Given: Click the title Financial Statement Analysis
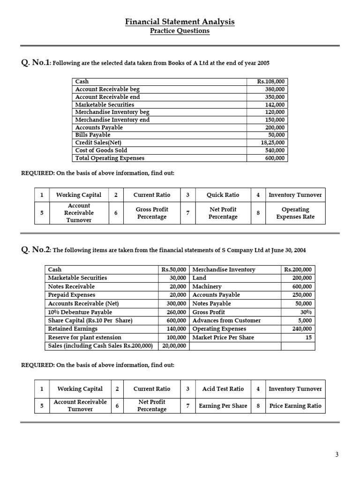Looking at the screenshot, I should tap(180, 22).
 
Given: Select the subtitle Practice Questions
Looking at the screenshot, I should tap(180, 31).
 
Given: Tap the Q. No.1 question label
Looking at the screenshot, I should tap(36, 62).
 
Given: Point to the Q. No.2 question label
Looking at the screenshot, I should tap(36, 250).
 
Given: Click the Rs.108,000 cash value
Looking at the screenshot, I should tap(271, 82).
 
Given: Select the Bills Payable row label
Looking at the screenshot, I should tap(93, 135).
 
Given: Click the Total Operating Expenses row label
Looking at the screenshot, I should tap(110, 158).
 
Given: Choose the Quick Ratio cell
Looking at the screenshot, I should tap(223, 195).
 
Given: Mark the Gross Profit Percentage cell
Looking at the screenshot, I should tap(151, 213).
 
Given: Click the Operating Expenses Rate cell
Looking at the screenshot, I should tap(295, 213).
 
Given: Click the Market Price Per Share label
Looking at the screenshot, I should tap(223, 337).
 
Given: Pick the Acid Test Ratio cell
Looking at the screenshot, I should tap(223, 389).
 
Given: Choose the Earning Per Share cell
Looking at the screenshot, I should tap(223, 406).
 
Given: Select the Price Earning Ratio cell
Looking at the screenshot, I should tap(295, 406).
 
